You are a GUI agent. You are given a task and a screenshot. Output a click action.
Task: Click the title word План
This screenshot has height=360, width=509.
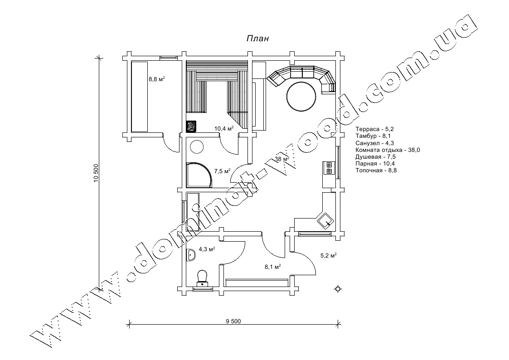(258, 39)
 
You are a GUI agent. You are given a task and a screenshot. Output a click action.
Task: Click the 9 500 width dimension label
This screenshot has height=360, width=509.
(233, 321)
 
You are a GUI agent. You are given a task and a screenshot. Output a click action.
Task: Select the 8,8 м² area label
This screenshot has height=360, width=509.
(157, 79)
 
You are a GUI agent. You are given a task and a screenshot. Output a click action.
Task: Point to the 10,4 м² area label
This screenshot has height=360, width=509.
(224, 128)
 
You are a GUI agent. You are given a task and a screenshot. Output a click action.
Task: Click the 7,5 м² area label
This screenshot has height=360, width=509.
(223, 171)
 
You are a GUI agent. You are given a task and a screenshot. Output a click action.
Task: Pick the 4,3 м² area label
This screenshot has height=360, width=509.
(207, 249)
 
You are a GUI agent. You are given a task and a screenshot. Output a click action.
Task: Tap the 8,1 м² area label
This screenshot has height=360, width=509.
(272, 267)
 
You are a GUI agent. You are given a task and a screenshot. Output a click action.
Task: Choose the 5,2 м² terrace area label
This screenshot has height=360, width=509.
(328, 255)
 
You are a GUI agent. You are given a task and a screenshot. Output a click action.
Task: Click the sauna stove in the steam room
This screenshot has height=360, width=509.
(191, 126)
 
